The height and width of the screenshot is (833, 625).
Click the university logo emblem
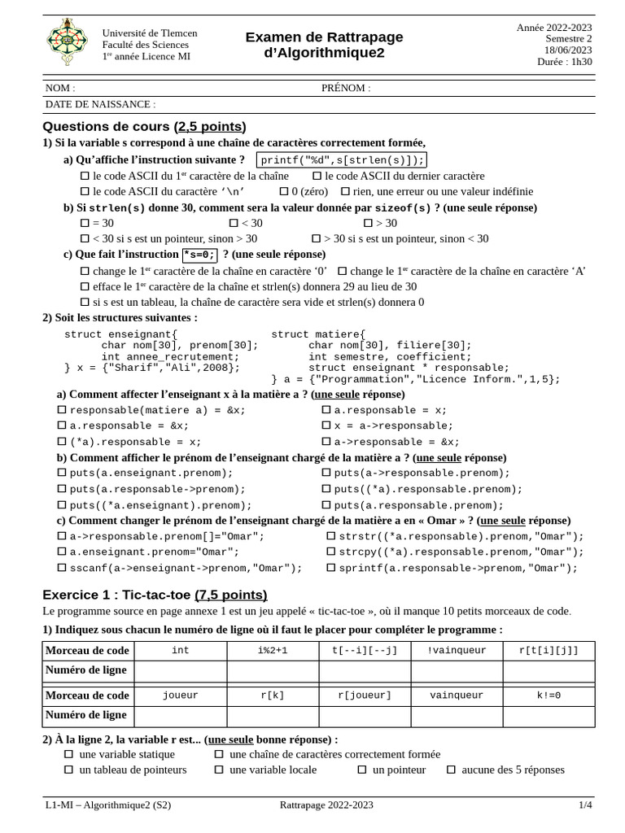67,42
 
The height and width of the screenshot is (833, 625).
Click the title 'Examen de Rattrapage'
324,37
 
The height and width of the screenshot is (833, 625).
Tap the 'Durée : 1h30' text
565,62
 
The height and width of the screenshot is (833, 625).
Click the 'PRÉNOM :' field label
345,88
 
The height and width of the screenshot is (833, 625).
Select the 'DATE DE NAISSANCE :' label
100,104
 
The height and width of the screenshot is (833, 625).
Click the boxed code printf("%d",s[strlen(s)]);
342,160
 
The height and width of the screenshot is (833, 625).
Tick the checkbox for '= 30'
85,223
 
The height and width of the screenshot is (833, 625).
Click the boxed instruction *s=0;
199,255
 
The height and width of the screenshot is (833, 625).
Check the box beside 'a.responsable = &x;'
62,425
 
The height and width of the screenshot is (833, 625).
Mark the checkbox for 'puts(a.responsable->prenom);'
62,489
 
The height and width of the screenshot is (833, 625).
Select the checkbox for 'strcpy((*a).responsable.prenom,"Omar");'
331,552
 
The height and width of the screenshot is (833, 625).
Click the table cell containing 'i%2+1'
273,651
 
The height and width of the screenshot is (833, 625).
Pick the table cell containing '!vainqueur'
457,651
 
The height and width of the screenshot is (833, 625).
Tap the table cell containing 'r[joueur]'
365,696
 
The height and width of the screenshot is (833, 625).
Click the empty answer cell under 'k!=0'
549,716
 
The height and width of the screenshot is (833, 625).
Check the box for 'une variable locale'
219,770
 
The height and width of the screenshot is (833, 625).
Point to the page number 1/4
585,805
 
